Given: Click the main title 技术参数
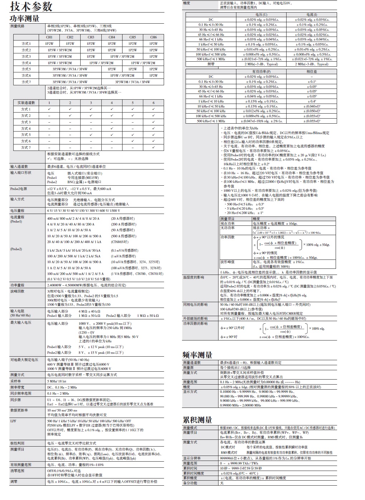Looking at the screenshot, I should click(32, 6).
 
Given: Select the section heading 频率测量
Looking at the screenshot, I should click(197, 355).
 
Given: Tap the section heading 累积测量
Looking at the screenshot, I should click(197, 420).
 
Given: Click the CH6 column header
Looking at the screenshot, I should click(153, 37).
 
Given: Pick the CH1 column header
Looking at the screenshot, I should click(49, 37).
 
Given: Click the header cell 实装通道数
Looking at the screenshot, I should click(26, 103).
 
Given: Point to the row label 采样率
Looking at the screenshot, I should click(16, 381).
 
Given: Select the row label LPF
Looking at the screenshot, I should click(13, 421).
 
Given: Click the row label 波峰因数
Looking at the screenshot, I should click(18, 291).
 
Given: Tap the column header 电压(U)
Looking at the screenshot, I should click(261, 15).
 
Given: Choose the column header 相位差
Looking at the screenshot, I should click(312, 72).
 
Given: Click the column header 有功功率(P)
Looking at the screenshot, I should click(261, 72).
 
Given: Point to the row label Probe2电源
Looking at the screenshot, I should click(19, 189).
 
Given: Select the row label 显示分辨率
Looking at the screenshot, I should click(192, 458).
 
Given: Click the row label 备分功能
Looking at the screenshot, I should click(190, 483).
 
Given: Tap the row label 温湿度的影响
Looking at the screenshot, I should click(194, 277).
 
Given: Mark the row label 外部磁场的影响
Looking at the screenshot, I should click(195, 318).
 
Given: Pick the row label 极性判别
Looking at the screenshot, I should click(18, 443).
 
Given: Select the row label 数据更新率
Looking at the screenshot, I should click(19, 410).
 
